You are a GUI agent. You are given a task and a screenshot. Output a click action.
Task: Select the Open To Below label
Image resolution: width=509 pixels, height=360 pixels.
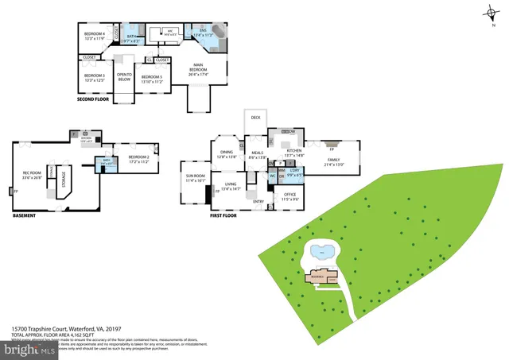coord(125,77)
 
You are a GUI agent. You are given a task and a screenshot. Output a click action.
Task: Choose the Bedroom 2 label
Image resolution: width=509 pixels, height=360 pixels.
coord(138,159)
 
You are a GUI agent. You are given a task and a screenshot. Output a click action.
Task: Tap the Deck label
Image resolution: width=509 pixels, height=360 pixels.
coord(255,118)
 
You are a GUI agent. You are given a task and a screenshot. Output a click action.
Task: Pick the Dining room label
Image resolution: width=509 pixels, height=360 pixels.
coord(227,153)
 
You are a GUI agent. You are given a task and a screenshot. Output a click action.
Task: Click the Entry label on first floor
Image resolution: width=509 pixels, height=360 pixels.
coord(258,201)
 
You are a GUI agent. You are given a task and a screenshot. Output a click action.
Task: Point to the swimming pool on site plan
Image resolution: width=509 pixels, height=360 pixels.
coord(321,254)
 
